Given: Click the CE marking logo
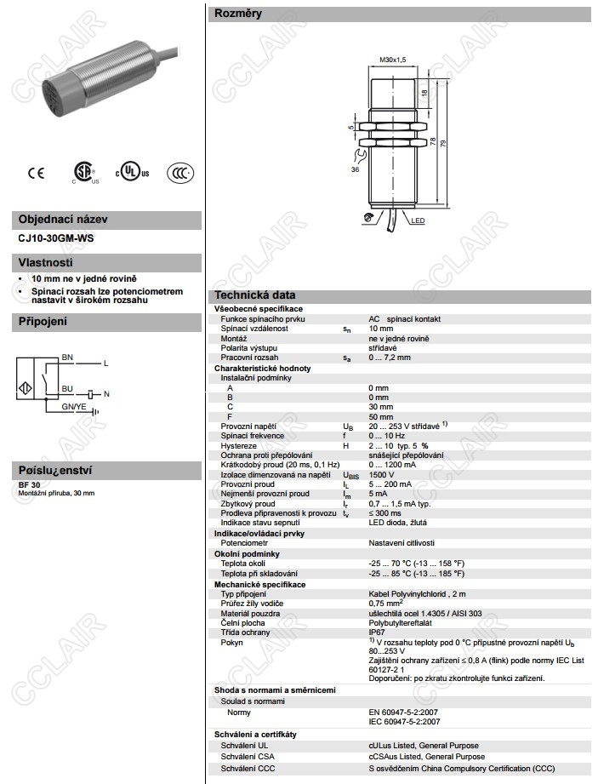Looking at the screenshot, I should point(36,173).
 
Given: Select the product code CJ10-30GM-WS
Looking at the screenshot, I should point(56,238).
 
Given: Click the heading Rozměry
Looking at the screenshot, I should point(238,14).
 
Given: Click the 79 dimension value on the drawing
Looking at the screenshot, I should point(443,144).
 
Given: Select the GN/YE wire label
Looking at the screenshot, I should point(74,407).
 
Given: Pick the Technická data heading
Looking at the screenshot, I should point(254,295).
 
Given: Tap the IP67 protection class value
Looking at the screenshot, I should point(376,632).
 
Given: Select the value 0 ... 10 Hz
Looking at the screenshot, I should point(386,436).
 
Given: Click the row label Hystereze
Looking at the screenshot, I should point(238,446).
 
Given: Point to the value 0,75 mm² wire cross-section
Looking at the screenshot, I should point(388,603).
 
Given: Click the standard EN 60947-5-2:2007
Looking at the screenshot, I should point(404,712).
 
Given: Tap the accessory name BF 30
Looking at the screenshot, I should point(30,484).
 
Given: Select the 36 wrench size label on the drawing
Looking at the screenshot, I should point(354,169).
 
